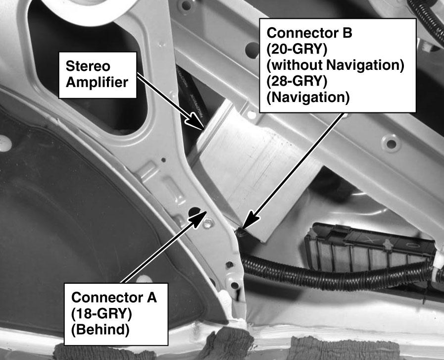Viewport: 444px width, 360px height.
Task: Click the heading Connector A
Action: tap(114, 298)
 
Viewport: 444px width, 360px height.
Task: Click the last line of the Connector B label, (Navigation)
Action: tap(307, 97)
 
